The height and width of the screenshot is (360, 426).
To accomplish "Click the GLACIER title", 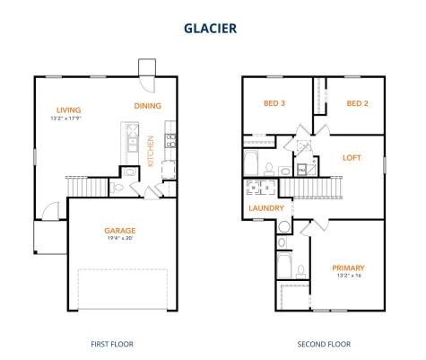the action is pos(210,29).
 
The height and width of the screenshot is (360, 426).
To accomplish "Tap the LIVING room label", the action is pos(69,110).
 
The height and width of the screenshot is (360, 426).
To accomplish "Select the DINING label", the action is pos(147,106).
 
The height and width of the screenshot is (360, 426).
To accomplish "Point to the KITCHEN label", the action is pos(151,151).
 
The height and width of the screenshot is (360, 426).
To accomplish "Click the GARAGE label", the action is pos(120,231).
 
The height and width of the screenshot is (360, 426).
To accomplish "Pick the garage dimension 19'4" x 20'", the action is pos(120,239).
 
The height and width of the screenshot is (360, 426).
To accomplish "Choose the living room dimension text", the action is pos(66,119).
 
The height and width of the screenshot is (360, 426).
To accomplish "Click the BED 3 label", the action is pos(274,103).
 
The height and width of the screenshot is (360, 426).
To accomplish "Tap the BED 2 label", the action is pos(357,103).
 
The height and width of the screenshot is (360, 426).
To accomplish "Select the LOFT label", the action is pos(352,158).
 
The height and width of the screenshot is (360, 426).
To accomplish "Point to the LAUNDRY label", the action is pos(266,208).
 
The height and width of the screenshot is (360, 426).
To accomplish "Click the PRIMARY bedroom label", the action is pos(348,268).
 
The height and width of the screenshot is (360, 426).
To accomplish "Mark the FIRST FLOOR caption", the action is pos(112,344).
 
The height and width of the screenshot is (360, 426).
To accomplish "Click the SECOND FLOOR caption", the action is pos(324,344).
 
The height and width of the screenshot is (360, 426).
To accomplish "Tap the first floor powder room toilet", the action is pos(117,188).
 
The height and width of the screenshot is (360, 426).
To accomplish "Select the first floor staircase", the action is pos(87,187).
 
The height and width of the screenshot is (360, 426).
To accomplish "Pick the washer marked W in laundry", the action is pos(254,188).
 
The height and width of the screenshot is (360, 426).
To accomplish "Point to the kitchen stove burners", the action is pos(170,141).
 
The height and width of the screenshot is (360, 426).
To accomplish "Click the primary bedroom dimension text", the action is pos(349,276).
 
